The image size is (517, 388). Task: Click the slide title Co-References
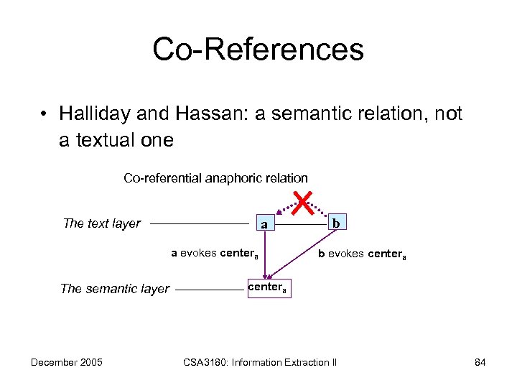coord(258,50)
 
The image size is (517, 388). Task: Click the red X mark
coord(302,203)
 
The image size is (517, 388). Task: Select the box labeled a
coord(264,225)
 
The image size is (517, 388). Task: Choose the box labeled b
coord(335,223)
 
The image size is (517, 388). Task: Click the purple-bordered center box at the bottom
coord(268,288)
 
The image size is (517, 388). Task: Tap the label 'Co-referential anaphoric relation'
coord(215,177)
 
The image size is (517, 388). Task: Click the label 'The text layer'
coord(102,223)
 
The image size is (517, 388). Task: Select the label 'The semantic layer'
coord(115,289)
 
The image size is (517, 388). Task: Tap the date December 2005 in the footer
coord(67,362)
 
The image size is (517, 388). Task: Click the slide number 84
coord(480,362)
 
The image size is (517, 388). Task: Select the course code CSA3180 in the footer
coord(200,362)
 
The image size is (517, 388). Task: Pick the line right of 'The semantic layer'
coord(209,290)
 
